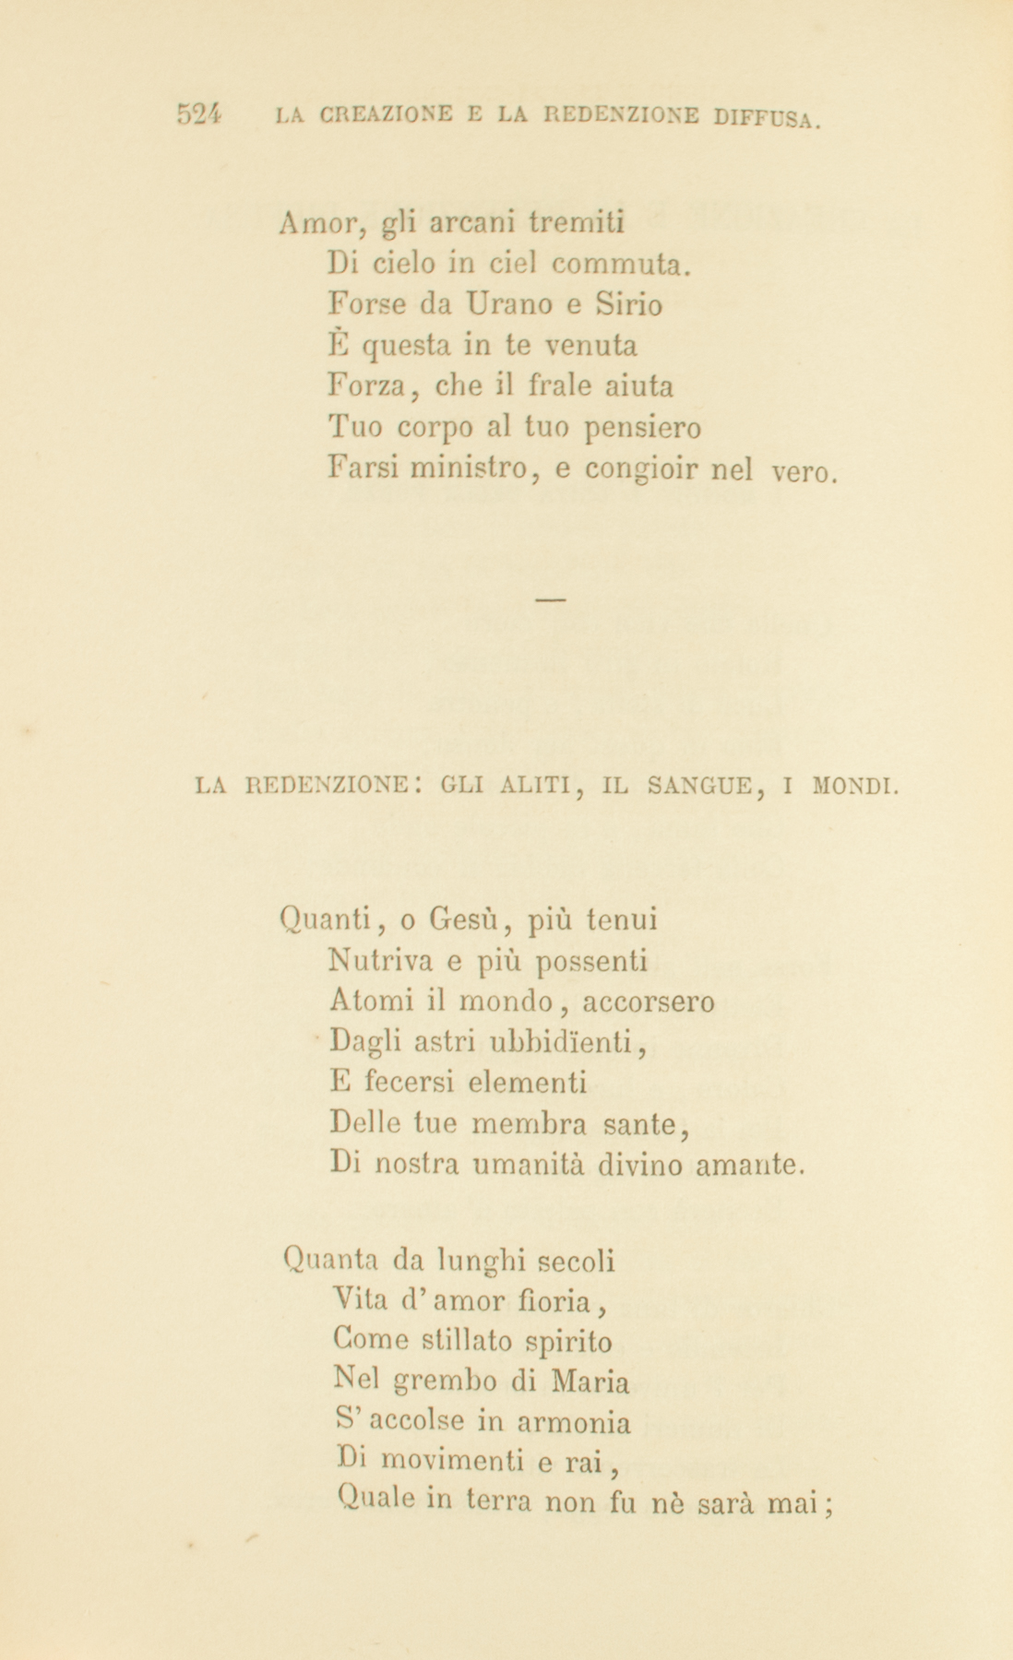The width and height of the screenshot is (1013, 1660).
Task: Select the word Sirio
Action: tap(628, 304)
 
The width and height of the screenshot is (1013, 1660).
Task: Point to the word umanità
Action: tap(526, 1166)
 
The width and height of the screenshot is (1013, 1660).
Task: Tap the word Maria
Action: tap(591, 1382)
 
